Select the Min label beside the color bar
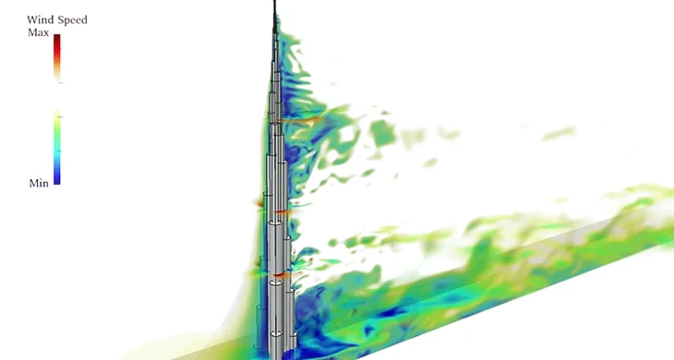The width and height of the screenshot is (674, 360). pos(38,184)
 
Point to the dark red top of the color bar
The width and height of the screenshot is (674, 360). pos(57,40)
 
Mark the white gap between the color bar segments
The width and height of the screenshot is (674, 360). pos(57,96)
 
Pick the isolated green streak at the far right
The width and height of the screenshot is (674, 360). pos(559,135)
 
